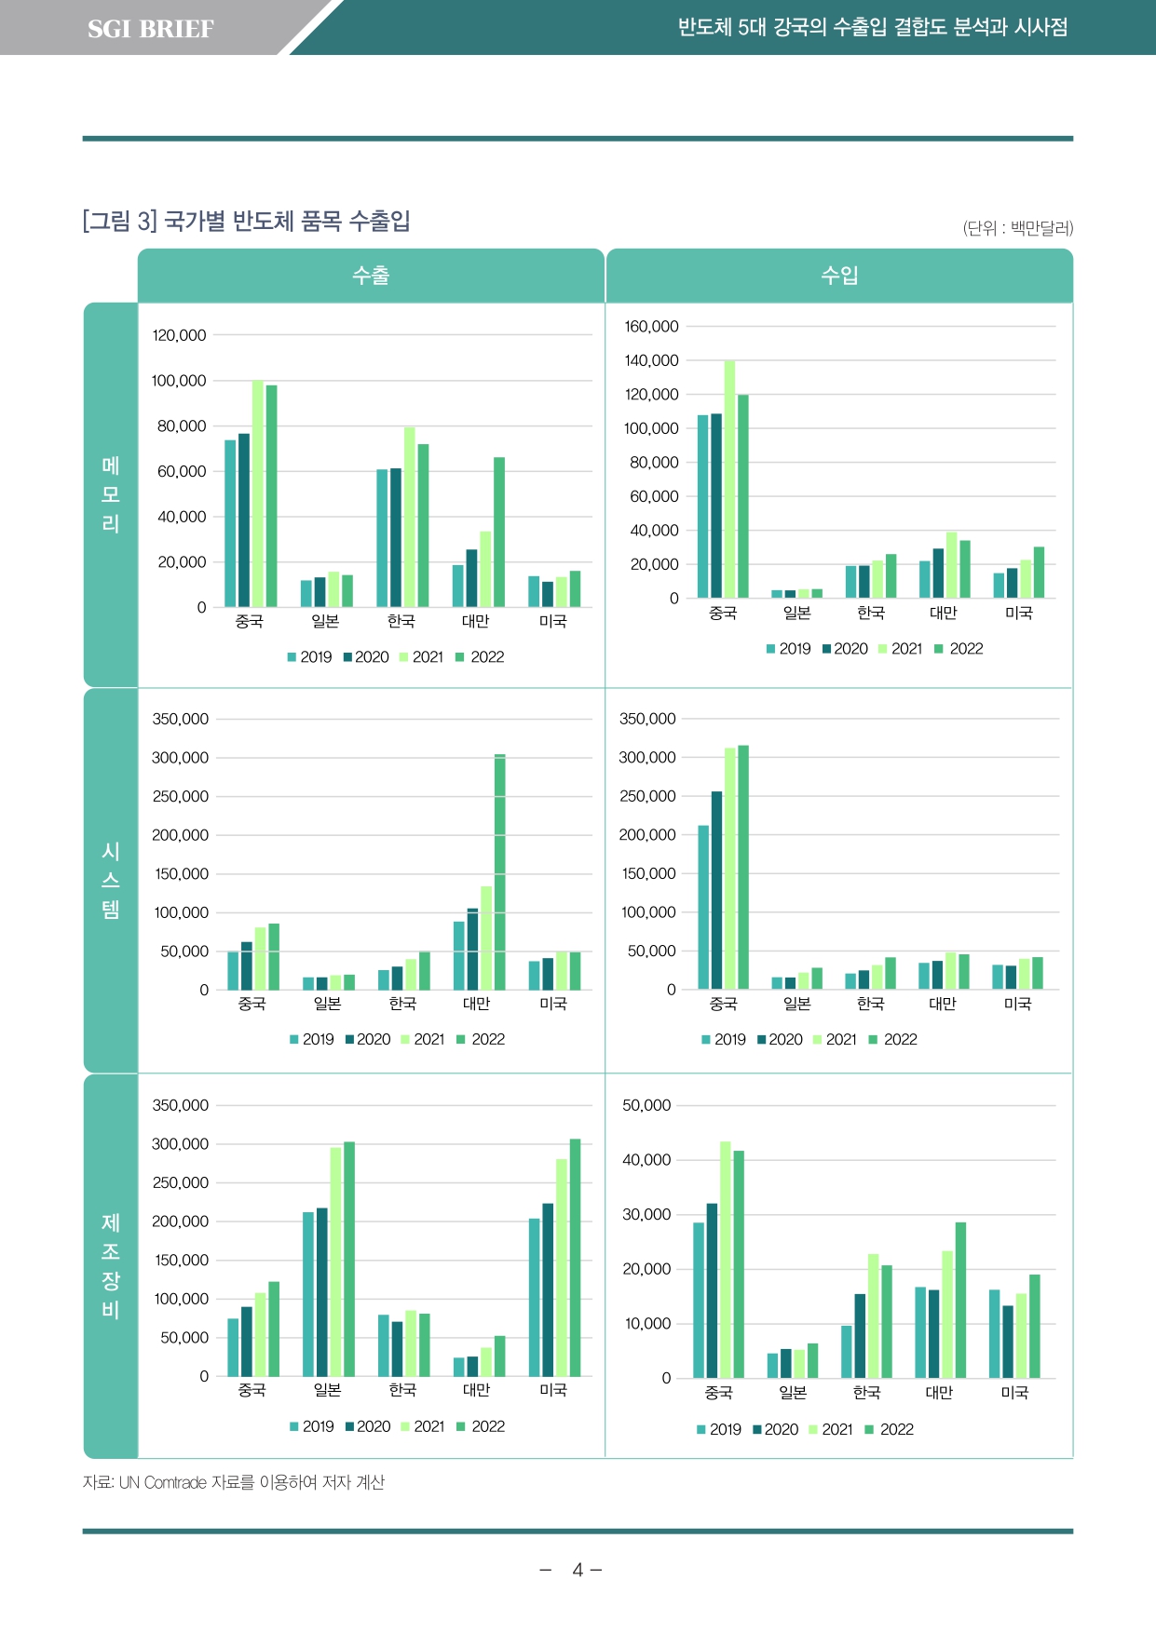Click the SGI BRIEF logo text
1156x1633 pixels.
click(150, 29)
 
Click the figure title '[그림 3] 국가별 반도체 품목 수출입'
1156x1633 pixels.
click(247, 222)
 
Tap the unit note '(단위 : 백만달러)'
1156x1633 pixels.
click(1017, 228)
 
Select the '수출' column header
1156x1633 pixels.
click(371, 276)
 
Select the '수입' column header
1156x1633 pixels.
click(839, 276)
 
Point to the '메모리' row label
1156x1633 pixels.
click(111, 494)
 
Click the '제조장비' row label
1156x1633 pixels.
click(111, 1265)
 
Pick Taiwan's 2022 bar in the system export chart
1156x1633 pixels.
click(500, 871)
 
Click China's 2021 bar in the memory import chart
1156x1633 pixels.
click(729, 479)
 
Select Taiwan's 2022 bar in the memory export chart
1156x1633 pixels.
click(499, 532)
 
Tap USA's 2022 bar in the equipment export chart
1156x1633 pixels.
click(575, 1257)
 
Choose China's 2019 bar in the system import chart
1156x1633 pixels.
click(703, 907)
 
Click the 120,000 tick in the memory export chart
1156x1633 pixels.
click(179, 335)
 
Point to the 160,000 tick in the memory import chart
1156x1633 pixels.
click(651, 327)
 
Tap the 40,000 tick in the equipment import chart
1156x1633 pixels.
click(646, 1160)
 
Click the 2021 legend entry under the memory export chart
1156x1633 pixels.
click(422, 657)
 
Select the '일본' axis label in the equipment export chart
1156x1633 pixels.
click(327, 1390)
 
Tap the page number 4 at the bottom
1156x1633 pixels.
click(578, 1571)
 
